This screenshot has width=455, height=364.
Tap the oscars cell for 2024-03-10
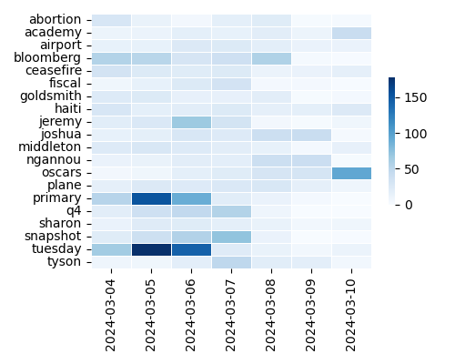click(351, 172)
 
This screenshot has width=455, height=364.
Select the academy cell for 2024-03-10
click(351, 32)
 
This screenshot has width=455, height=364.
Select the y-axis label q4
click(74, 210)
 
